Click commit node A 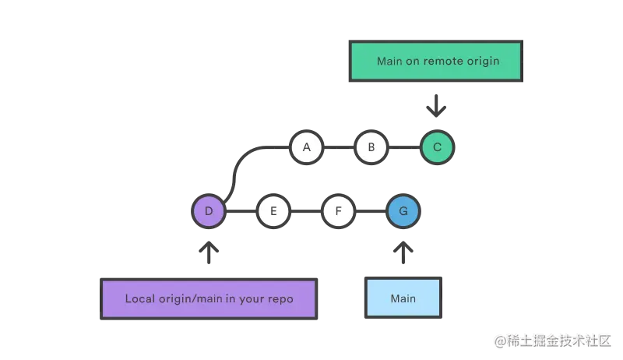coord(306,146)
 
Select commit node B coord(371,146)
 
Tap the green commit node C coord(437,146)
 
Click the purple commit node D coord(208,211)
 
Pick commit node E coord(273,211)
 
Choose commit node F coord(338,211)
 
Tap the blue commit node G coord(403,211)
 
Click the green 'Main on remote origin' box coord(436,61)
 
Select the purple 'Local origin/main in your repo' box coord(209,298)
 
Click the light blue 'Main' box coord(403,298)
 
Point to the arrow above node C coord(437,105)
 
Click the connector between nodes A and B coord(339,146)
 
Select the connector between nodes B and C coord(404,146)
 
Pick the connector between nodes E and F coord(305,211)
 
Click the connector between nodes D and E coord(241,211)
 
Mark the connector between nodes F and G coord(371,211)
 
